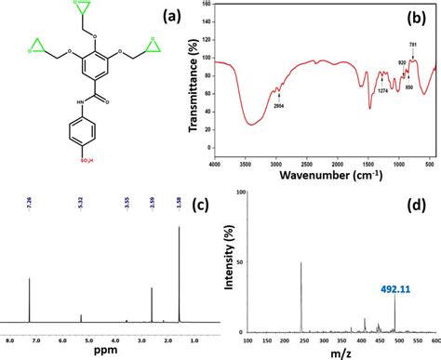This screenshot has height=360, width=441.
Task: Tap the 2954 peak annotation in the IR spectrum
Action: coord(277,107)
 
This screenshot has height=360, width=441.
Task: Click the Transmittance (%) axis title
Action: coord(194,81)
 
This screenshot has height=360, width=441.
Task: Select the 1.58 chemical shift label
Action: coord(179,198)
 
